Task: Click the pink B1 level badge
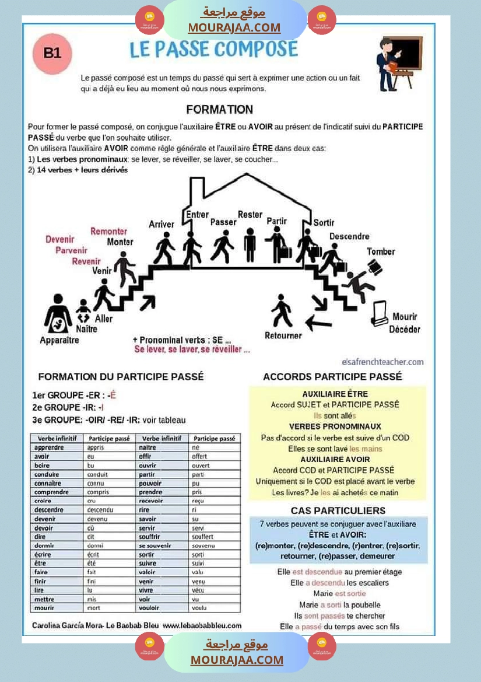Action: [x=52, y=53]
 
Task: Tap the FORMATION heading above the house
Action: [x=219, y=109]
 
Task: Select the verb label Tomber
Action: [x=381, y=251]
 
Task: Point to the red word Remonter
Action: [x=108, y=231]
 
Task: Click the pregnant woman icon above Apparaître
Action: [x=58, y=313]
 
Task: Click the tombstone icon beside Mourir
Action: [x=380, y=313]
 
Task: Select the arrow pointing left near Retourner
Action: [x=318, y=321]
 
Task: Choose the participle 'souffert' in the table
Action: [x=202, y=537]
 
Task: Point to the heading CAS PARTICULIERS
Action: [x=338, y=510]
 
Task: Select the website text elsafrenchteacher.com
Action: [x=383, y=362]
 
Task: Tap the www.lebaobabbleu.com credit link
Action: [x=202, y=625]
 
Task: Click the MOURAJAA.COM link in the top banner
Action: [x=234, y=27]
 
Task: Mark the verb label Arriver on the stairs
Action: [x=161, y=224]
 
